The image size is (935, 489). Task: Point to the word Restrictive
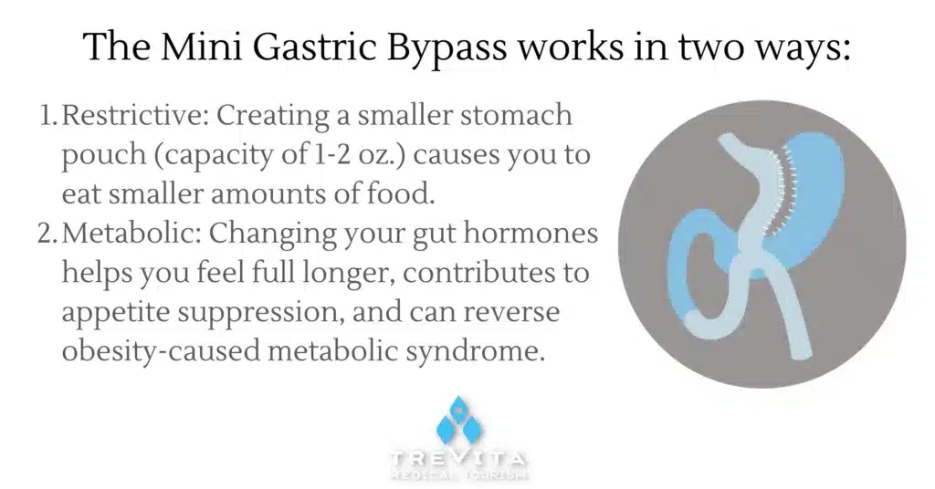[121, 117]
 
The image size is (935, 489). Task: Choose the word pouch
[97, 156]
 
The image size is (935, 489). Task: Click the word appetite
[113, 312]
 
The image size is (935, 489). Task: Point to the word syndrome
[483, 350]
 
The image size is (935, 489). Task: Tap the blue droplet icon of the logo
[457, 421]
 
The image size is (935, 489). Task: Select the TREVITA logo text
[457, 458]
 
